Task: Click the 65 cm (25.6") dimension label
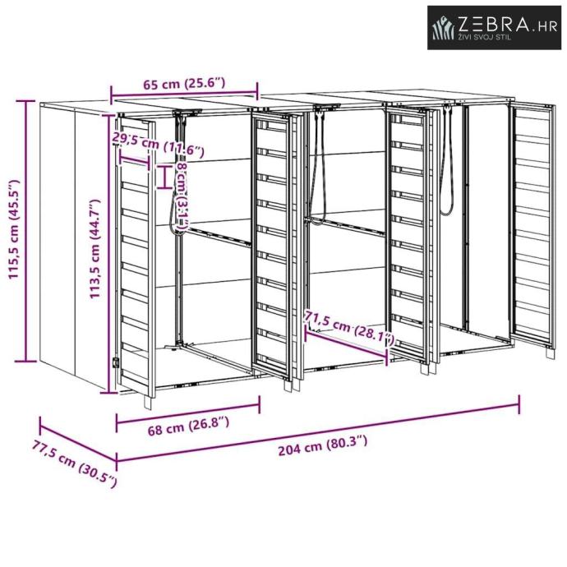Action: pyautogui.click(x=184, y=82)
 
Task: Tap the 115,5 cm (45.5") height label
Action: pyautogui.click(x=15, y=231)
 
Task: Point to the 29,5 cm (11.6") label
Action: pyautogui.click(x=158, y=145)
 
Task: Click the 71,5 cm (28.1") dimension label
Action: pyautogui.click(x=349, y=327)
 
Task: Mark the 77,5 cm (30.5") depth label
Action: pyautogui.click(x=75, y=463)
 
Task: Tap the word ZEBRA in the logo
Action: pyautogui.click(x=491, y=25)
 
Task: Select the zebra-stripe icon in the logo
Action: pyautogui.click(x=444, y=29)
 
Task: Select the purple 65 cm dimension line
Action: pyautogui.click(x=184, y=93)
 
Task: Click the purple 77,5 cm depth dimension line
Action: pyautogui.click(x=77, y=441)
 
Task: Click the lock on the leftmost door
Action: pyautogui.click(x=116, y=362)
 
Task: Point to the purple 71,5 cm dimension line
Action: pyautogui.click(x=346, y=343)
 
